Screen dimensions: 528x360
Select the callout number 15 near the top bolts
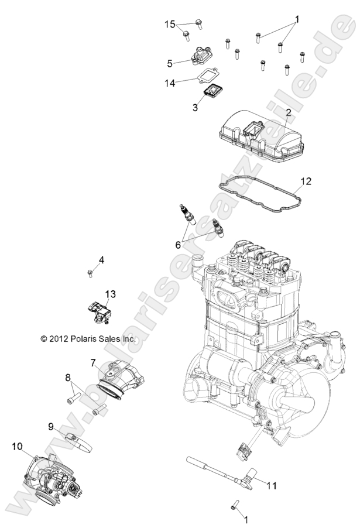pyautogui.click(x=170, y=24)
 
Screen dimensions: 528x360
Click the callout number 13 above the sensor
pyautogui.click(x=110, y=293)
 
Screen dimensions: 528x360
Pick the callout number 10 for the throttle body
pyautogui.click(x=18, y=447)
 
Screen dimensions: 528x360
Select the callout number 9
pyautogui.click(x=51, y=426)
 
